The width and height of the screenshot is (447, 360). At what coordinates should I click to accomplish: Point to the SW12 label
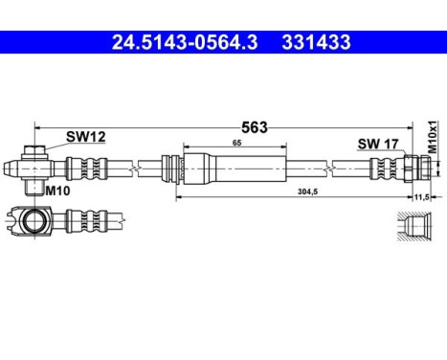click(x=85, y=138)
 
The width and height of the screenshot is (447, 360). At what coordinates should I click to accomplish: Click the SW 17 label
click(x=376, y=144)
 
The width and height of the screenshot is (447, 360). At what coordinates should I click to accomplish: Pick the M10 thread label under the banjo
click(x=59, y=191)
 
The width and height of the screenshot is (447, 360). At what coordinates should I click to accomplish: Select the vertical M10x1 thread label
click(x=432, y=138)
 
